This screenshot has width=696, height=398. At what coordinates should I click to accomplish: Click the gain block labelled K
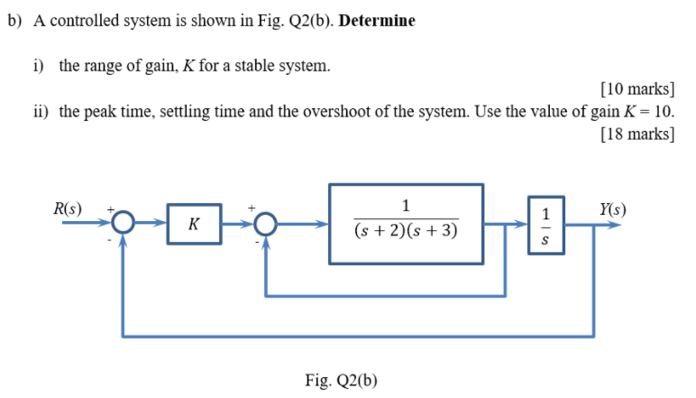click(x=193, y=223)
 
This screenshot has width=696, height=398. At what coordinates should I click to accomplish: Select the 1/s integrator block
click(x=545, y=224)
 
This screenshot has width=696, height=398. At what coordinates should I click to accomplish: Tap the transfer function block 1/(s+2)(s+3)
click(x=406, y=224)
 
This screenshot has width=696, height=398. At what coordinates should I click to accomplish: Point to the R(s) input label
click(x=68, y=209)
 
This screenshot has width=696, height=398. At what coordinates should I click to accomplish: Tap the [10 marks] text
click(x=636, y=88)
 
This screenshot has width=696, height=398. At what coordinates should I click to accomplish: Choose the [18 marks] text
click(x=636, y=134)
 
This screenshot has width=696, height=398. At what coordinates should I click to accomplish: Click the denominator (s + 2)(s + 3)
click(x=406, y=232)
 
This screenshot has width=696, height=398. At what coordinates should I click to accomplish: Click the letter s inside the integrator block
click(x=545, y=241)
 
